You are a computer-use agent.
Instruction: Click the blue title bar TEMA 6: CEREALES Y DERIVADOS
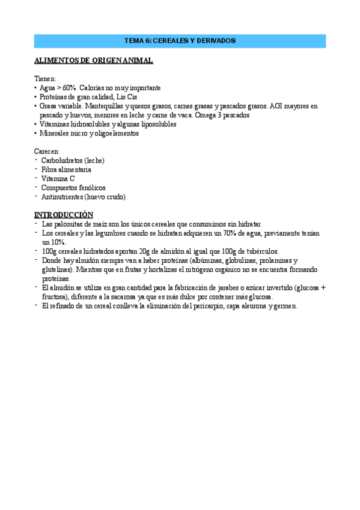tap(180, 41)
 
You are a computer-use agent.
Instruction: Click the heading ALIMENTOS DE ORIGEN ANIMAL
tap(93, 61)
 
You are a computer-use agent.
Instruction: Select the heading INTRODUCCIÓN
tap(64, 215)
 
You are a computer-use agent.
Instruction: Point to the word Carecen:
tap(47, 152)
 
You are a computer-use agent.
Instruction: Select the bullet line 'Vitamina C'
tap(58, 179)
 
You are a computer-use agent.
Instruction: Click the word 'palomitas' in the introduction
tap(67, 224)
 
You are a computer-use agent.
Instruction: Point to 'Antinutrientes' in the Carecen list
tap(62, 197)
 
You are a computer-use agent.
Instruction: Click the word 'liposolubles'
tap(156, 124)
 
